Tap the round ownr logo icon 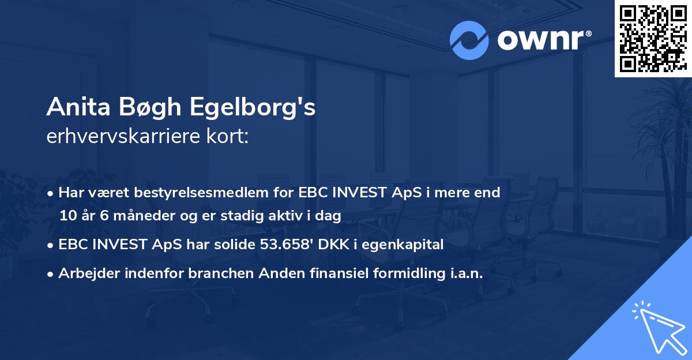469,40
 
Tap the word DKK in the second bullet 334,245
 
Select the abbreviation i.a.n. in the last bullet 465,273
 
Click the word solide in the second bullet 231,245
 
